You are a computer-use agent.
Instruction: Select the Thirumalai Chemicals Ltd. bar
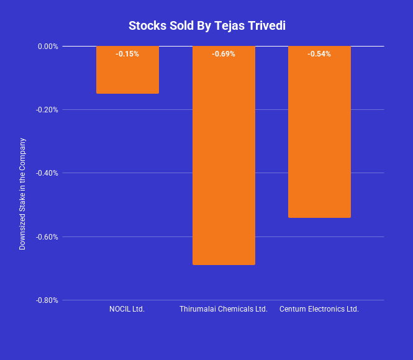pos(224,161)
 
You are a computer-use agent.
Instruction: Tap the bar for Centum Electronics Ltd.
pos(319,137)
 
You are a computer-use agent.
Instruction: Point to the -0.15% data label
pos(127,54)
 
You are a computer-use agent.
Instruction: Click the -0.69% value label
pos(224,54)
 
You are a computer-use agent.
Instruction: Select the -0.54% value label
pos(319,54)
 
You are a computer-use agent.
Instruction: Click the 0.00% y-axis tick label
pos(48,46)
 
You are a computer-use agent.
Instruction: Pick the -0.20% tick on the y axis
pos(47,110)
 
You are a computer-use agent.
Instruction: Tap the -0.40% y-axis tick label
pos(47,173)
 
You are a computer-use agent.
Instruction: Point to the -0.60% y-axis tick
pos(47,236)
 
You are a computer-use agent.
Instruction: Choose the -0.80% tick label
pos(47,300)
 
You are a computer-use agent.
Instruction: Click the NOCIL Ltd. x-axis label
pos(127,309)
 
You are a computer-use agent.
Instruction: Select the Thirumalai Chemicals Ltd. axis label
pos(224,309)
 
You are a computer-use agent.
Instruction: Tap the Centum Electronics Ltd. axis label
pos(319,309)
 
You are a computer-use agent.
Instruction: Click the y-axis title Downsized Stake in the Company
pos(22,194)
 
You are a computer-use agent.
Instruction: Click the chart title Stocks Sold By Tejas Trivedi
pos(207,25)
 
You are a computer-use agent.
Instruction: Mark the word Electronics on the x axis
pos(327,309)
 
